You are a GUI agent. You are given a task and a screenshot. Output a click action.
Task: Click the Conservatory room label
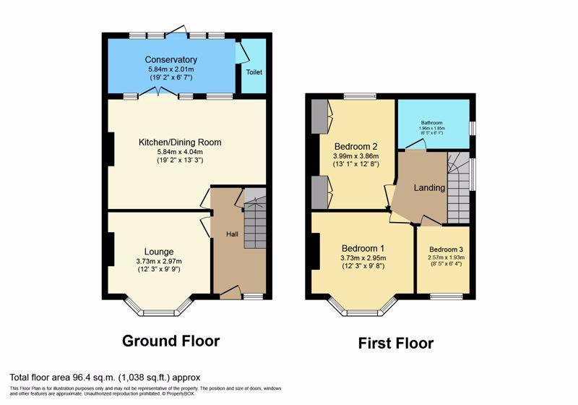click(x=171, y=60)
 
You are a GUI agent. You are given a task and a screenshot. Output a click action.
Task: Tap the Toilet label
click(x=254, y=72)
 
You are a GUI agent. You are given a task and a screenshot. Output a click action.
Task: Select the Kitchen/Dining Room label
click(x=180, y=142)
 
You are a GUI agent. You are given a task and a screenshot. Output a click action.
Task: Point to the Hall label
click(x=232, y=234)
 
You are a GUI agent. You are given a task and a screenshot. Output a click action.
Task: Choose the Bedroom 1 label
click(x=363, y=248)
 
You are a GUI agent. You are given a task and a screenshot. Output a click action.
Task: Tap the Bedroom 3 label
click(x=446, y=250)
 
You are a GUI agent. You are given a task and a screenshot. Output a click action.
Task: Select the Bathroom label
click(x=431, y=122)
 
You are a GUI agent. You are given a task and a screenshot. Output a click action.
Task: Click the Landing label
click(x=429, y=188)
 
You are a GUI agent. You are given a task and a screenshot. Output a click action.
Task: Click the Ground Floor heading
click(x=171, y=341)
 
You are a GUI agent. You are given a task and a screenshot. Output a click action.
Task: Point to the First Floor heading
click(x=396, y=344)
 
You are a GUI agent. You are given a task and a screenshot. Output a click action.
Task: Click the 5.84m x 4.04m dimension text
click(x=180, y=152)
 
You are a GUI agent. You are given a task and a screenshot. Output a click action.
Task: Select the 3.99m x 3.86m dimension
click(x=355, y=156)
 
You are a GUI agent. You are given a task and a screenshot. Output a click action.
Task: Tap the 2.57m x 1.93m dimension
click(x=446, y=257)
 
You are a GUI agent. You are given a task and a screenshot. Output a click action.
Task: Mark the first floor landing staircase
click(x=458, y=187)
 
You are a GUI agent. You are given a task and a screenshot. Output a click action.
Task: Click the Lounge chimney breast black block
click(x=111, y=249)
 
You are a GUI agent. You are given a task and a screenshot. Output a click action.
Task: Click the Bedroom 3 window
click(x=447, y=297)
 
